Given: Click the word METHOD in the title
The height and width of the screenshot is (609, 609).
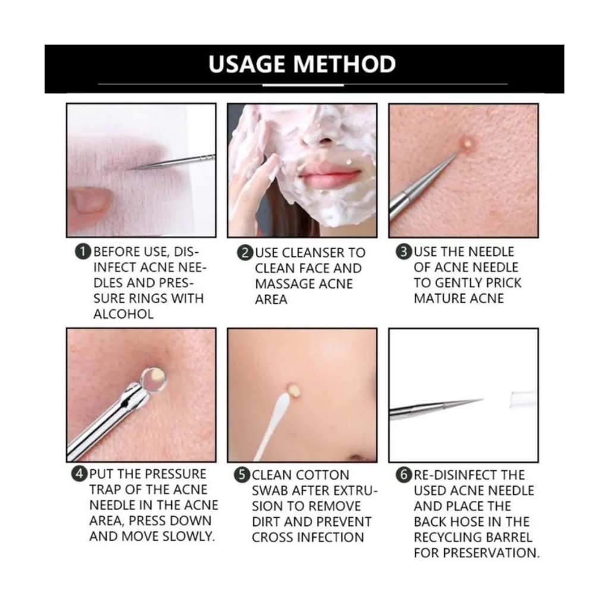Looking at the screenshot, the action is [x=345, y=64].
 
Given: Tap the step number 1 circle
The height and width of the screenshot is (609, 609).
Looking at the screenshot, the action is [x=83, y=252].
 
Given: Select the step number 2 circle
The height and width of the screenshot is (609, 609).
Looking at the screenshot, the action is [x=245, y=253].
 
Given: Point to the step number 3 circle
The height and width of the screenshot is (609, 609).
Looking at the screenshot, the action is [x=404, y=252].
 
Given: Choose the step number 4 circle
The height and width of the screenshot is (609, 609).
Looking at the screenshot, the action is [x=80, y=474].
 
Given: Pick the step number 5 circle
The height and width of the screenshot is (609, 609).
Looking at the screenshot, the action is [x=242, y=475].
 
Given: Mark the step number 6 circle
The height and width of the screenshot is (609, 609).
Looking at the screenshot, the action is [x=404, y=475].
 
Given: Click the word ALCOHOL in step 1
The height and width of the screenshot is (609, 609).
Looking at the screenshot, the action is [x=124, y=314].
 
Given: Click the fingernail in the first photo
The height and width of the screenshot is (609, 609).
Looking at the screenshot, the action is [x=90, y=201].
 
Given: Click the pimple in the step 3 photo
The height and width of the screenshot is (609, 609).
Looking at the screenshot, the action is [x=467, y=143].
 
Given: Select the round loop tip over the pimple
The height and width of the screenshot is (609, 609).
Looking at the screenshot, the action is [x=154, y=378].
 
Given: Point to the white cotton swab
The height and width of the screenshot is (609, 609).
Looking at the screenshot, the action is [x=274, y=423].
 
